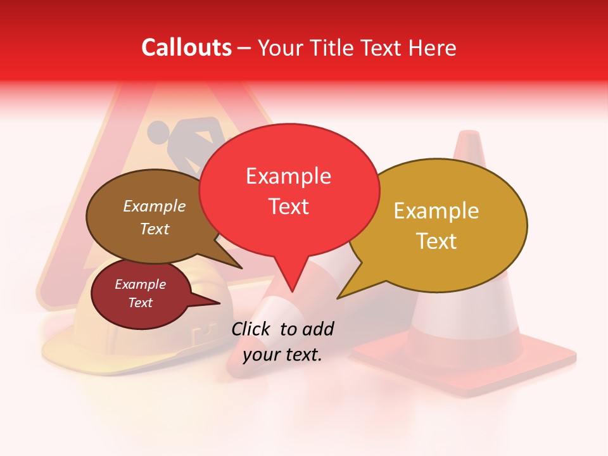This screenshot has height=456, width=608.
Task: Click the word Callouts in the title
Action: coord(186,47)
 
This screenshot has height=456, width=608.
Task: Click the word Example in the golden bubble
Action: coord(436,212)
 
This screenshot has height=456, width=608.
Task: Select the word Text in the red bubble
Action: coord(289,206)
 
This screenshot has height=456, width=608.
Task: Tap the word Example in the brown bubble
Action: coord(154,206)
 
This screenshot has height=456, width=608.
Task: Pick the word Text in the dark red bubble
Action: coord(141,303)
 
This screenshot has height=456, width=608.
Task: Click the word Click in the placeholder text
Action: coord(252,329)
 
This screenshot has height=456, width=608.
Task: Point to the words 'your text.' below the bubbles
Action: coord(282,355)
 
